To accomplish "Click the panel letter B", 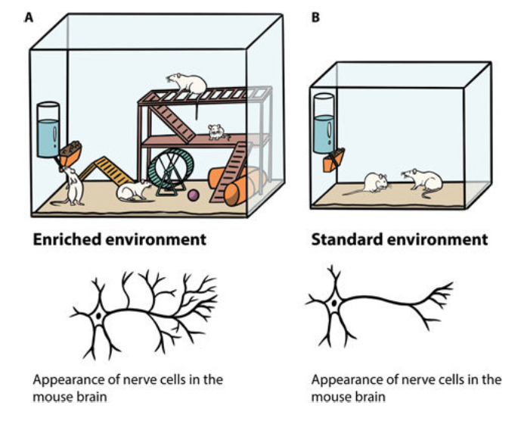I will click(315, 16).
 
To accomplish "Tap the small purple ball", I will click(193, 195).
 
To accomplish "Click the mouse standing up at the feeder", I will click(73, 186).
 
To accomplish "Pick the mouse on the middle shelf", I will click(216, 132).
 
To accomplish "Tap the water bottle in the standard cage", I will click(326, 121).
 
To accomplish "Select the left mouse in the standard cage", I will click(374, 182).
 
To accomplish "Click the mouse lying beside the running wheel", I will click(134, 190).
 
